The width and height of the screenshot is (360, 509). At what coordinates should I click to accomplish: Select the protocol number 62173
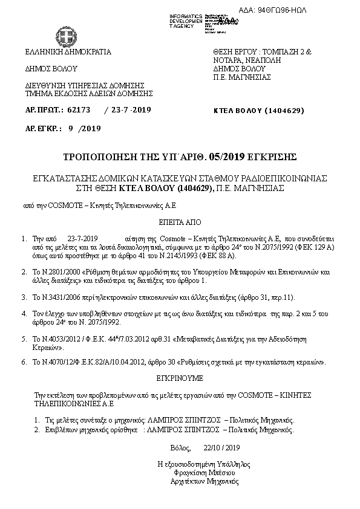pos(80,110)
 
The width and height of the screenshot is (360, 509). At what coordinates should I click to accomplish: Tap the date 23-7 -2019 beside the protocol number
pos(128,110)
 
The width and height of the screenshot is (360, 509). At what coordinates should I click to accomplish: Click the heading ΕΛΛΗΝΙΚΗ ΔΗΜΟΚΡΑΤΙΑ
pos(68,52)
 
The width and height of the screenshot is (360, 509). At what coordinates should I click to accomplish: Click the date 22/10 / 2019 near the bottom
pos(223,447)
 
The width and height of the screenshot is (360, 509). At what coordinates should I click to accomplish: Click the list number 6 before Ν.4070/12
pos(24,362)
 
